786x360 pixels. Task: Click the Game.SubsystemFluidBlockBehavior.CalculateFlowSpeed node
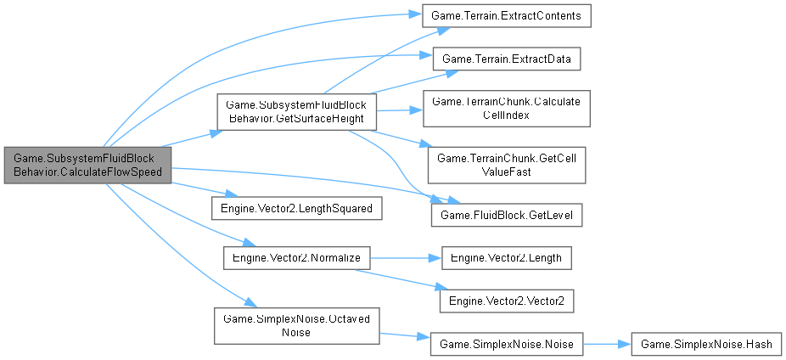click(x=87, y=165)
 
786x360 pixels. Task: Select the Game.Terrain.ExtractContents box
click(x=507, y=17)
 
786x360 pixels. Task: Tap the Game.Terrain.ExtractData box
click(x=507, y=59)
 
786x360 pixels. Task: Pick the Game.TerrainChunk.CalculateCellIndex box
click(x=506, y=109)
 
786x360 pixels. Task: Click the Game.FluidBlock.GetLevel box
click(x=507, y=217)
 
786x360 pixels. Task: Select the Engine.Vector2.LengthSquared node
click(x=295, y=207)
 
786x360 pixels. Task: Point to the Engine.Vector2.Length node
click(x=507, y=256)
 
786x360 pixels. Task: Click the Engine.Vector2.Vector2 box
click(x=507, y=301)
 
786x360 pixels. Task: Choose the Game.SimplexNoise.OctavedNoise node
click(x=295, y=324)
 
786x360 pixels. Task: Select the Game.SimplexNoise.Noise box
click(x=507, y=345)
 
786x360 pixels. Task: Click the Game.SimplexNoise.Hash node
click(x=706, y=345)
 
